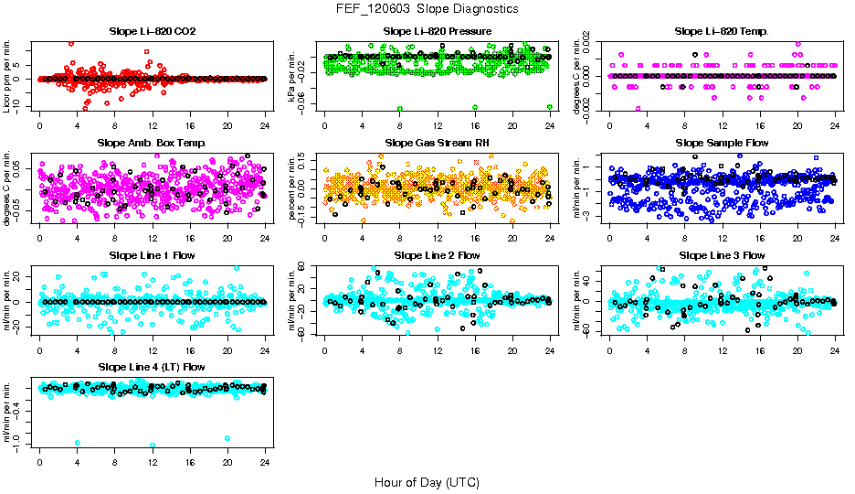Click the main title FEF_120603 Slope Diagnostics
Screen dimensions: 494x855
pyautogui.click(x=427, y=8)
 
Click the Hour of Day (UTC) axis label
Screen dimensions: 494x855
pyautogui.click(x=427, y=481)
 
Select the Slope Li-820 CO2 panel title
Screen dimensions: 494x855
pyautogui.click(x=152, y=31)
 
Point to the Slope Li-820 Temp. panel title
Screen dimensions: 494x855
pyautogui.click(x=722, y=31)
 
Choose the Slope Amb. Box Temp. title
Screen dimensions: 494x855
pyautogui.click(x=152, y=143)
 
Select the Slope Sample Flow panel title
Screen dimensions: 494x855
pyautogui.click(x=722, y=143)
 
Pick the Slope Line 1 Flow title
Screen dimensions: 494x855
pyautogui.click(x=152, y=255)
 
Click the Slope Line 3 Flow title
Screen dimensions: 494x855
pyautogui.click(x=722, y=255)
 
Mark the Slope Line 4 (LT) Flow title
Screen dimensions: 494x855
pyautogui.click(x=152, y=367)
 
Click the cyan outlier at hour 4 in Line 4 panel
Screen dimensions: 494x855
pyautogui.click(x=78, y=442)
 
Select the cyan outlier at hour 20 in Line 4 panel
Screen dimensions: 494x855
pyautogui.click(x=227, y=438)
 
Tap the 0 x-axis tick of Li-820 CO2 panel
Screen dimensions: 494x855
pyautogui.click(x=40, y=126)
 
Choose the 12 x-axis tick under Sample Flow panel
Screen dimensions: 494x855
pyautogui.click(x=723, y=238)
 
